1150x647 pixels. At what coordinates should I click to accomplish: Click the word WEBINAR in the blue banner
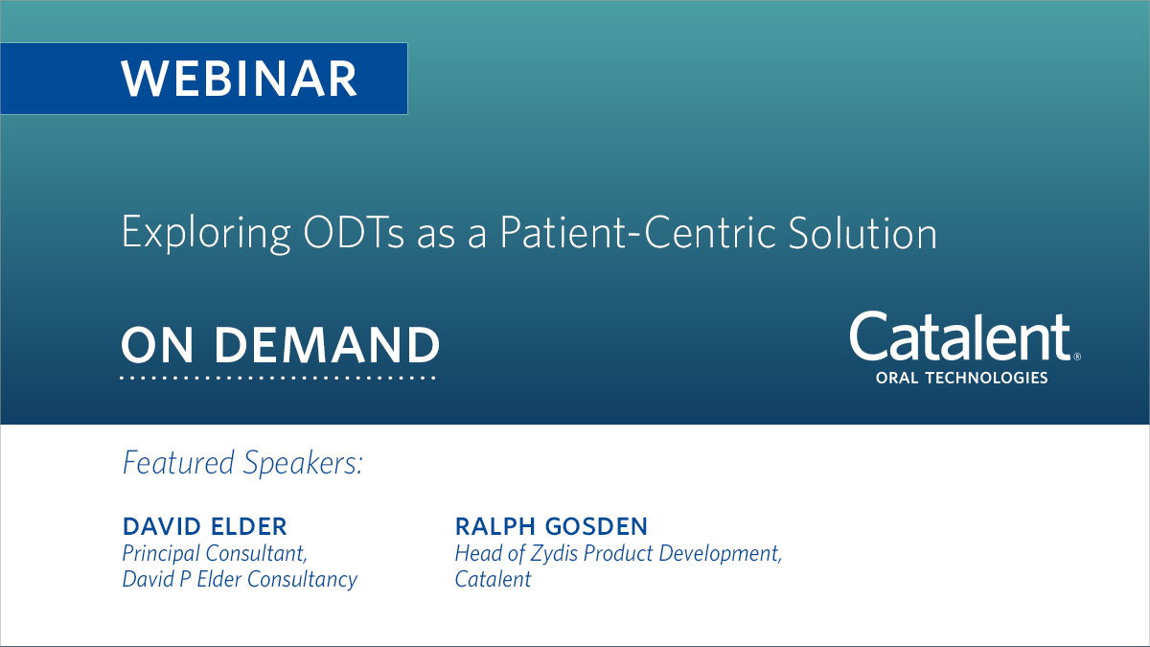(x=240, y=79)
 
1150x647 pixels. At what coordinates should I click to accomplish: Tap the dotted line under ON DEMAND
(x=279, y=378)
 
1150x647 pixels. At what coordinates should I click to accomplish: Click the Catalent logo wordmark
(x=958, y=338)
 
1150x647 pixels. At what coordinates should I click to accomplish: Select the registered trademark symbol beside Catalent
(x=1076, y=356)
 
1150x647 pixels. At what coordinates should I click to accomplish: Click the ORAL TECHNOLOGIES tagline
(x=961, y=379)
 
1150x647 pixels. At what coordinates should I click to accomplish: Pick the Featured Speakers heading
(x=242, y=463)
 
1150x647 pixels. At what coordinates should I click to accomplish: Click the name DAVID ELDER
(x=204, y=526)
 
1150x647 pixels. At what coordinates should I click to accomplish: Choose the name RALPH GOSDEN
(x=551, y=526)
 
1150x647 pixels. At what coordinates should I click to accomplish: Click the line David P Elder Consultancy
(x=240, y=580)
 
